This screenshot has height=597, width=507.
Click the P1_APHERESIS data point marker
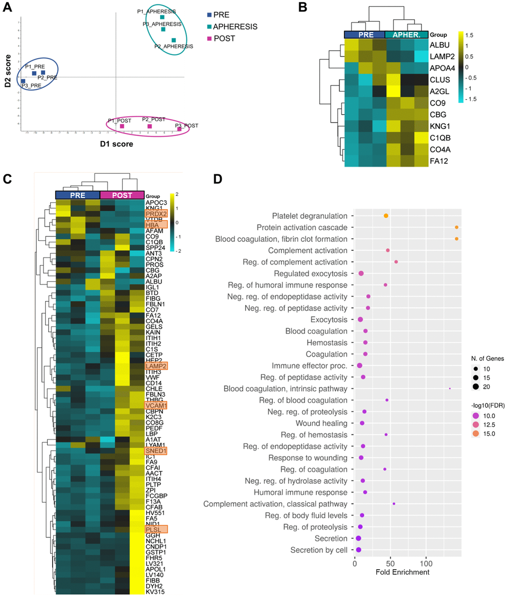(162, 17)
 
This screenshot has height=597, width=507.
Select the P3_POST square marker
(179, 129)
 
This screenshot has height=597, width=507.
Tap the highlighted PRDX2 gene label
(156, 214)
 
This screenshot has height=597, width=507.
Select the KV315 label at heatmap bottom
(155, 592)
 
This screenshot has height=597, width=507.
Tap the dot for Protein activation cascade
(456, 227)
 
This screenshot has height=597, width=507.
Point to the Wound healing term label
(328, 423)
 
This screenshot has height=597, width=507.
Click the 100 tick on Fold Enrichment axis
(425, 564)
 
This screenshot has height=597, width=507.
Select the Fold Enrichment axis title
(404, 572)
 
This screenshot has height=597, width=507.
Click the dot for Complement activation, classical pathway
(394, 504)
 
